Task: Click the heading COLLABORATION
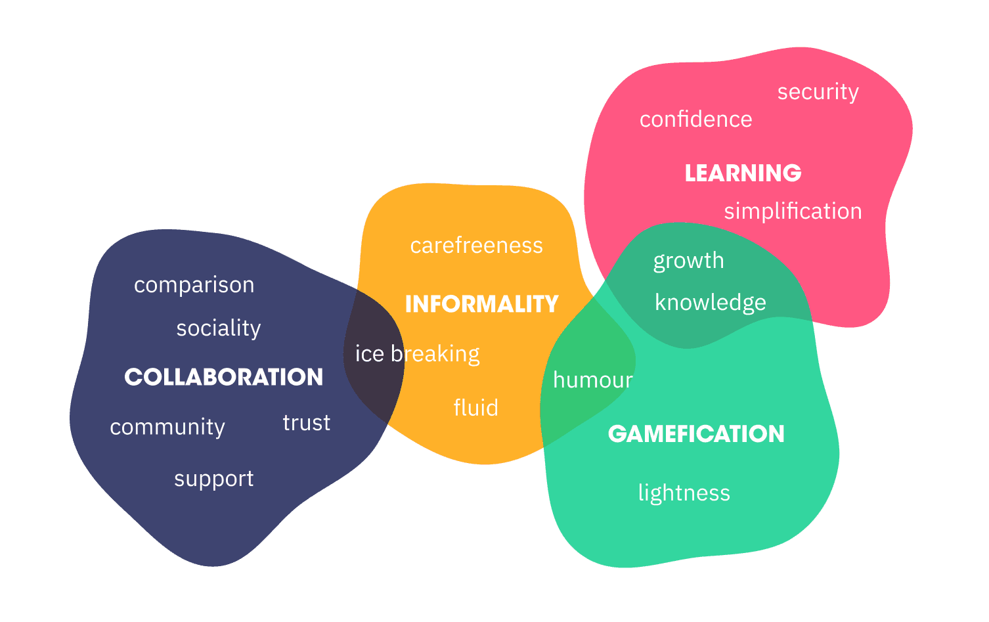pos(223,378)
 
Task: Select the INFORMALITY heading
pos(482,304)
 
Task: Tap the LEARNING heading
pos(743,173)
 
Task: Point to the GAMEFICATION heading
pos(696,433)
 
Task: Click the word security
pos(818,93)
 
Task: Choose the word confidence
pos(696,119)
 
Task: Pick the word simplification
pos(793,211)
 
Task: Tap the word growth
pos(689,261)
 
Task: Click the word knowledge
pos(711,303)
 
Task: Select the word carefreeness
pos(476,246)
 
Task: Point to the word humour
pos(593,380)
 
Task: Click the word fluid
pos(476,407)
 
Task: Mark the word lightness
pos(684,493)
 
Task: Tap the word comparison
pos(194,285)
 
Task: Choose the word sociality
pos(219,328)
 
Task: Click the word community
pos(167,428)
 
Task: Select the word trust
pos(307,423)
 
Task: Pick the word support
pos(213,479)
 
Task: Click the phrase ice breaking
pos(417,355)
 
